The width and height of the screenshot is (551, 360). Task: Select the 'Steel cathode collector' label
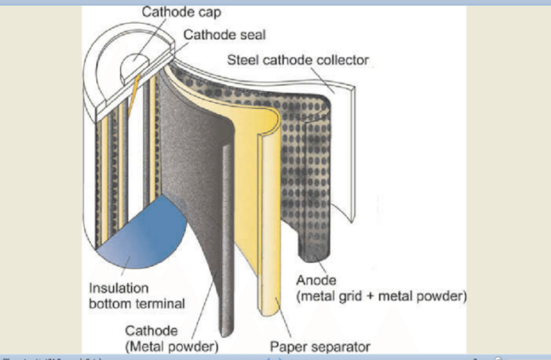(x=297, y=60)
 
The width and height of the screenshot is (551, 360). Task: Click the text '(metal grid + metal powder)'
(x=382, y=296)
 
